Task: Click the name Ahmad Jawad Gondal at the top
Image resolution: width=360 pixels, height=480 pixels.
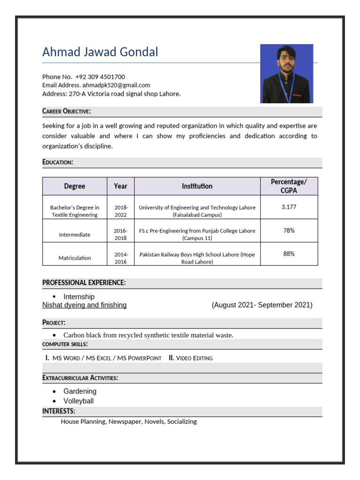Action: click(x=100, y=52)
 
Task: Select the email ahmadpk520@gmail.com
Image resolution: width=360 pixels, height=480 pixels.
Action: click(x=116, y=85)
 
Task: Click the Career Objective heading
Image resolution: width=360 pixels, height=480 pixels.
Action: click(x=67, y=111)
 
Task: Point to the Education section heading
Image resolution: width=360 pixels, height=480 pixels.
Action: click(x=58, y=162)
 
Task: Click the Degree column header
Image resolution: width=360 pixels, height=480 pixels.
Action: click(x=75, y=186)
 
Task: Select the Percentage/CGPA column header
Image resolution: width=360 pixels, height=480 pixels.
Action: click(x=289, y=186)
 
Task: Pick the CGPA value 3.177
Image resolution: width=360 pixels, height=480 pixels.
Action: click(x=289, y=207)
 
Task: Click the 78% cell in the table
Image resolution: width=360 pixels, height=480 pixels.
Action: click(x=289, y=230)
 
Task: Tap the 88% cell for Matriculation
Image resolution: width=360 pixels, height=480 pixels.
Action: click(x=289, y=254)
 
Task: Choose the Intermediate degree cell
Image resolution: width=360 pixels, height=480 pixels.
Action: click(x=75, y=234)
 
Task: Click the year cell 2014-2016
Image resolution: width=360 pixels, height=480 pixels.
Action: click(x=121, y=258)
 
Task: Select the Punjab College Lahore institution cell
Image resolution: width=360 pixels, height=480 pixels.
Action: click(x=197, y=234)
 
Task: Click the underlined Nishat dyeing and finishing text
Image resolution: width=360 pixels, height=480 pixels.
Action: click(x=84, y=305)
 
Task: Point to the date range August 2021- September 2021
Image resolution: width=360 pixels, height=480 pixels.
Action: click(x=262, y=305)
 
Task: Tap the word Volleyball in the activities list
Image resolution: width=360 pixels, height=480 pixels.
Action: click(x=78, y=401)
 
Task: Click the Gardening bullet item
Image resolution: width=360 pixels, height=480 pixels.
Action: click(x=80, y=391)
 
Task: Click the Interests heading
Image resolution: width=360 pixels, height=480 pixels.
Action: click(x=59, y=411)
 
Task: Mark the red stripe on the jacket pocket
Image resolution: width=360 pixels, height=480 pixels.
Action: click(x=296, y=94)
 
